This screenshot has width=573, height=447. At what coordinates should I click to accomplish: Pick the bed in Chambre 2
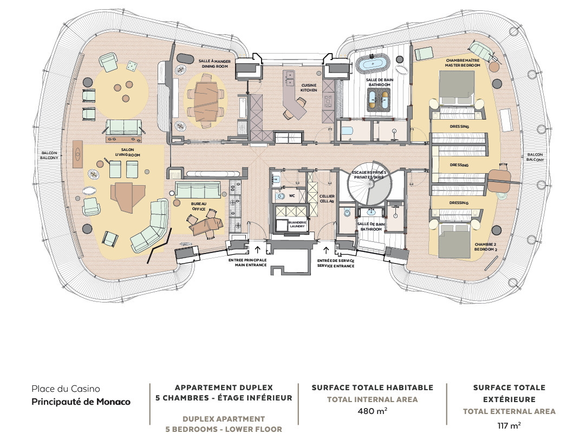454,241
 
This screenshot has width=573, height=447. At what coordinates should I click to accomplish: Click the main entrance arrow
257,249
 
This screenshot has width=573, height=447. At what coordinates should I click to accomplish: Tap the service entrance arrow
326,249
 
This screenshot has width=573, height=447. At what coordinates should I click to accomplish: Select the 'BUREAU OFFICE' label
198,206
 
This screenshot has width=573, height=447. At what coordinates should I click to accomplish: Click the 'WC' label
292,195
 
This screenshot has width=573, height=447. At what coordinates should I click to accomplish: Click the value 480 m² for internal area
373,411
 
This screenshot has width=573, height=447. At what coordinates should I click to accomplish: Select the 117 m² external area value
509,425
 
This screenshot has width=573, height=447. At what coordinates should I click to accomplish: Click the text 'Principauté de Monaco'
81,402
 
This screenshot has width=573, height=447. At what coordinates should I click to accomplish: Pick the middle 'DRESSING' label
459,165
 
